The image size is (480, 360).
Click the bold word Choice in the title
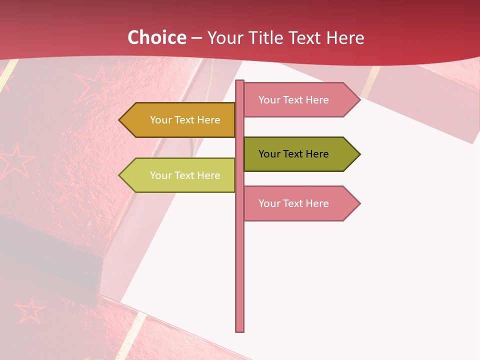coord(156,37)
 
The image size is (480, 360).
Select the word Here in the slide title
coord(345,38)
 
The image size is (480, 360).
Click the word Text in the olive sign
coord(293,154)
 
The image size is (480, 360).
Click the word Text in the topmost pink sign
coord(293,100)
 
